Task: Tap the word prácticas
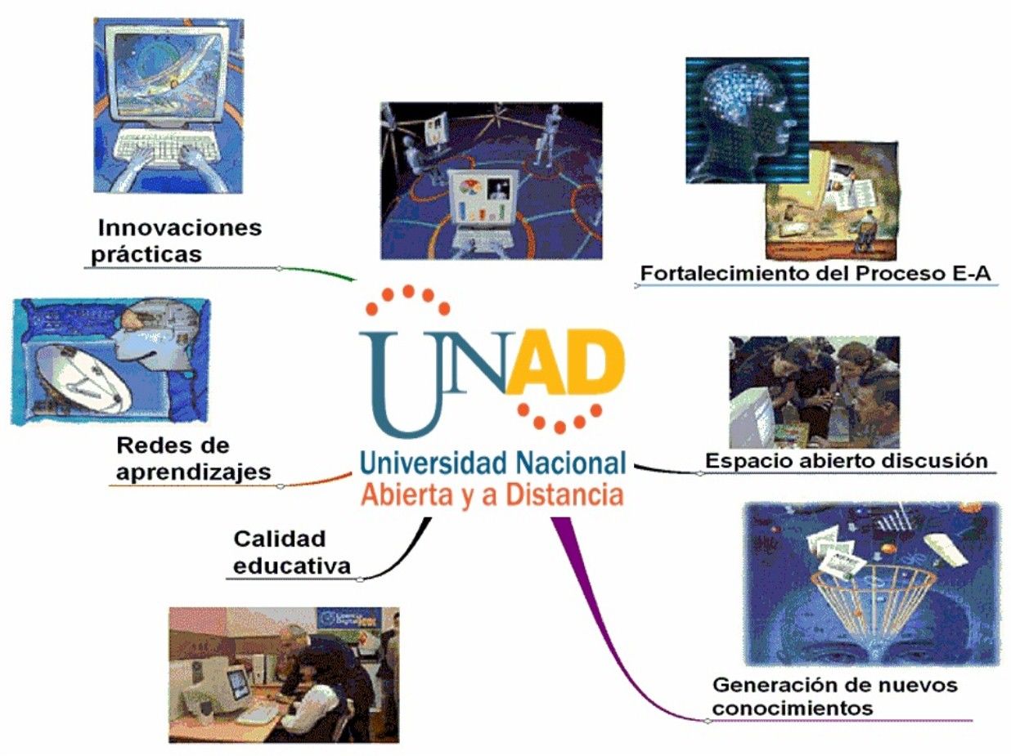point(146,253)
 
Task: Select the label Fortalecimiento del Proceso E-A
point(815,274)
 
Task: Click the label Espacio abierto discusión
point(846,459)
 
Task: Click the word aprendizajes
point(193,471)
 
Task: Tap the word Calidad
point(279,539)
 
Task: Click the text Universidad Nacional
point(492,463)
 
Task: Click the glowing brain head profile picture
point(746,119)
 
